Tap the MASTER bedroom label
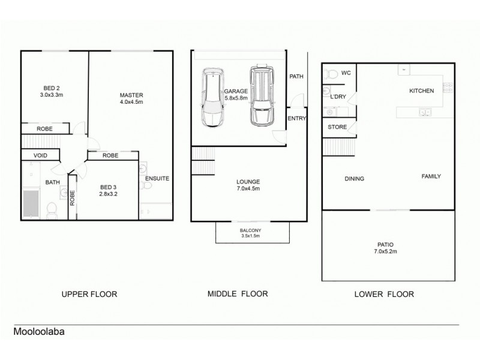131,95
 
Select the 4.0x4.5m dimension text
131,102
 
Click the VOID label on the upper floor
40,155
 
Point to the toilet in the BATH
52,208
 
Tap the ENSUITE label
157,178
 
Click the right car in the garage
261,96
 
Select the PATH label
296,77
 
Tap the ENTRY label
296,118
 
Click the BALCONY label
250,230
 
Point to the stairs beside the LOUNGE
202,160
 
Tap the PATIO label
386,244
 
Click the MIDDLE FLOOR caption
237,294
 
